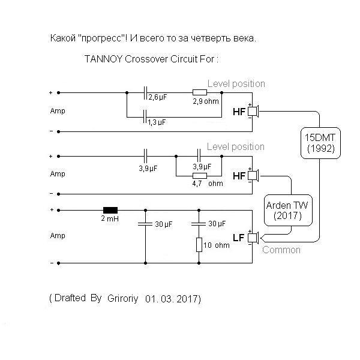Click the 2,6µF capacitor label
(158, 97)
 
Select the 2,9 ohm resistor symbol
(199, 93)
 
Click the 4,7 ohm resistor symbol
(199, 176)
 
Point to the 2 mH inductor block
(110, 210)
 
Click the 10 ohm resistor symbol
(199, 245)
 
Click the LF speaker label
(238, 238)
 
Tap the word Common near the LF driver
(281, 250)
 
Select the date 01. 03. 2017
(172, 298)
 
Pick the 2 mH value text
(110, 220)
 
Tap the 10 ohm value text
(218, 246)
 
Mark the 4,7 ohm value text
(206, 184)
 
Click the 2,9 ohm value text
(206, 101)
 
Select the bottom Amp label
(58, 236)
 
